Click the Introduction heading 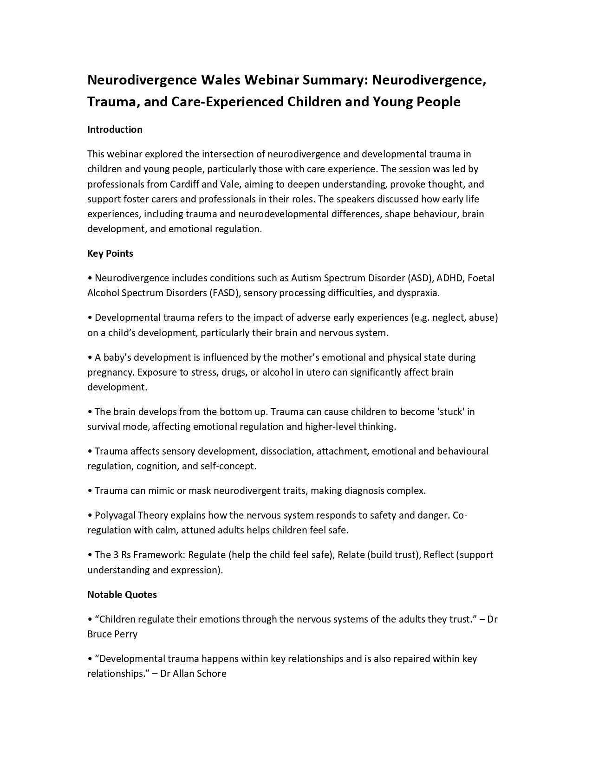click(x=115, y=130)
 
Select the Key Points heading click(x=110, y=253)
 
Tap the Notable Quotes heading click(x=122, y=595)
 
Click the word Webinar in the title click(x=272, y=80)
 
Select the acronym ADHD click(x=450, y=278)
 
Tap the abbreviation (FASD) click(x=224, y=293)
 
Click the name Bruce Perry click(x=112, y=634)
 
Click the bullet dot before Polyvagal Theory click(x=90, y=516)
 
